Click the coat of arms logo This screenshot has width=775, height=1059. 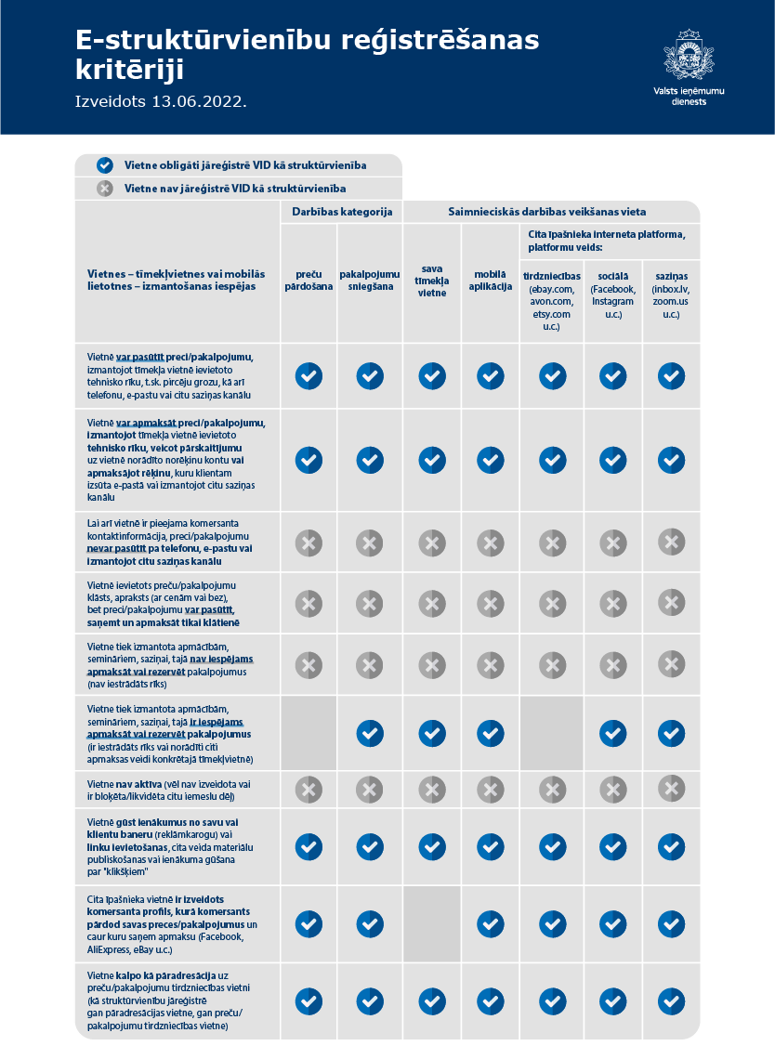pos(688,55)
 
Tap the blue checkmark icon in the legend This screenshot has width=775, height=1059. pos(105,165)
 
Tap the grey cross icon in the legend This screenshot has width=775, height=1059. pos(105,189)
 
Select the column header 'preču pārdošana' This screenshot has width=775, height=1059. pos(309,281)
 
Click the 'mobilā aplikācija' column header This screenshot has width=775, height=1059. pos(491,281)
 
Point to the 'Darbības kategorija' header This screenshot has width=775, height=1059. pos(342,212)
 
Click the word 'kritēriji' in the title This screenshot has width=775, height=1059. pos(129,69)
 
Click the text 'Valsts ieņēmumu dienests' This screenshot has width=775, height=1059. pos(689,96)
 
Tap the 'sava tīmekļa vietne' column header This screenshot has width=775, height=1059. pos(432,281)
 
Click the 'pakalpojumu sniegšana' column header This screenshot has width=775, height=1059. pos(370,281)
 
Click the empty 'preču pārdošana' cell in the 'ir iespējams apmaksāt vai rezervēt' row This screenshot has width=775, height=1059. pos(309,733)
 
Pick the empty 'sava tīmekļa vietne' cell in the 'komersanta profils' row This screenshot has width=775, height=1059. pos(432,924)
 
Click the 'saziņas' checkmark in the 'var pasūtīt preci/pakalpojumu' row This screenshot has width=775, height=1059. pos(671,376)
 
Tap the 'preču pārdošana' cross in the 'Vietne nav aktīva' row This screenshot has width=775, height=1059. pos(309,790)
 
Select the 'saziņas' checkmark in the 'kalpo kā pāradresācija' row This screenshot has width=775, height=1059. pos(671,1001)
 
